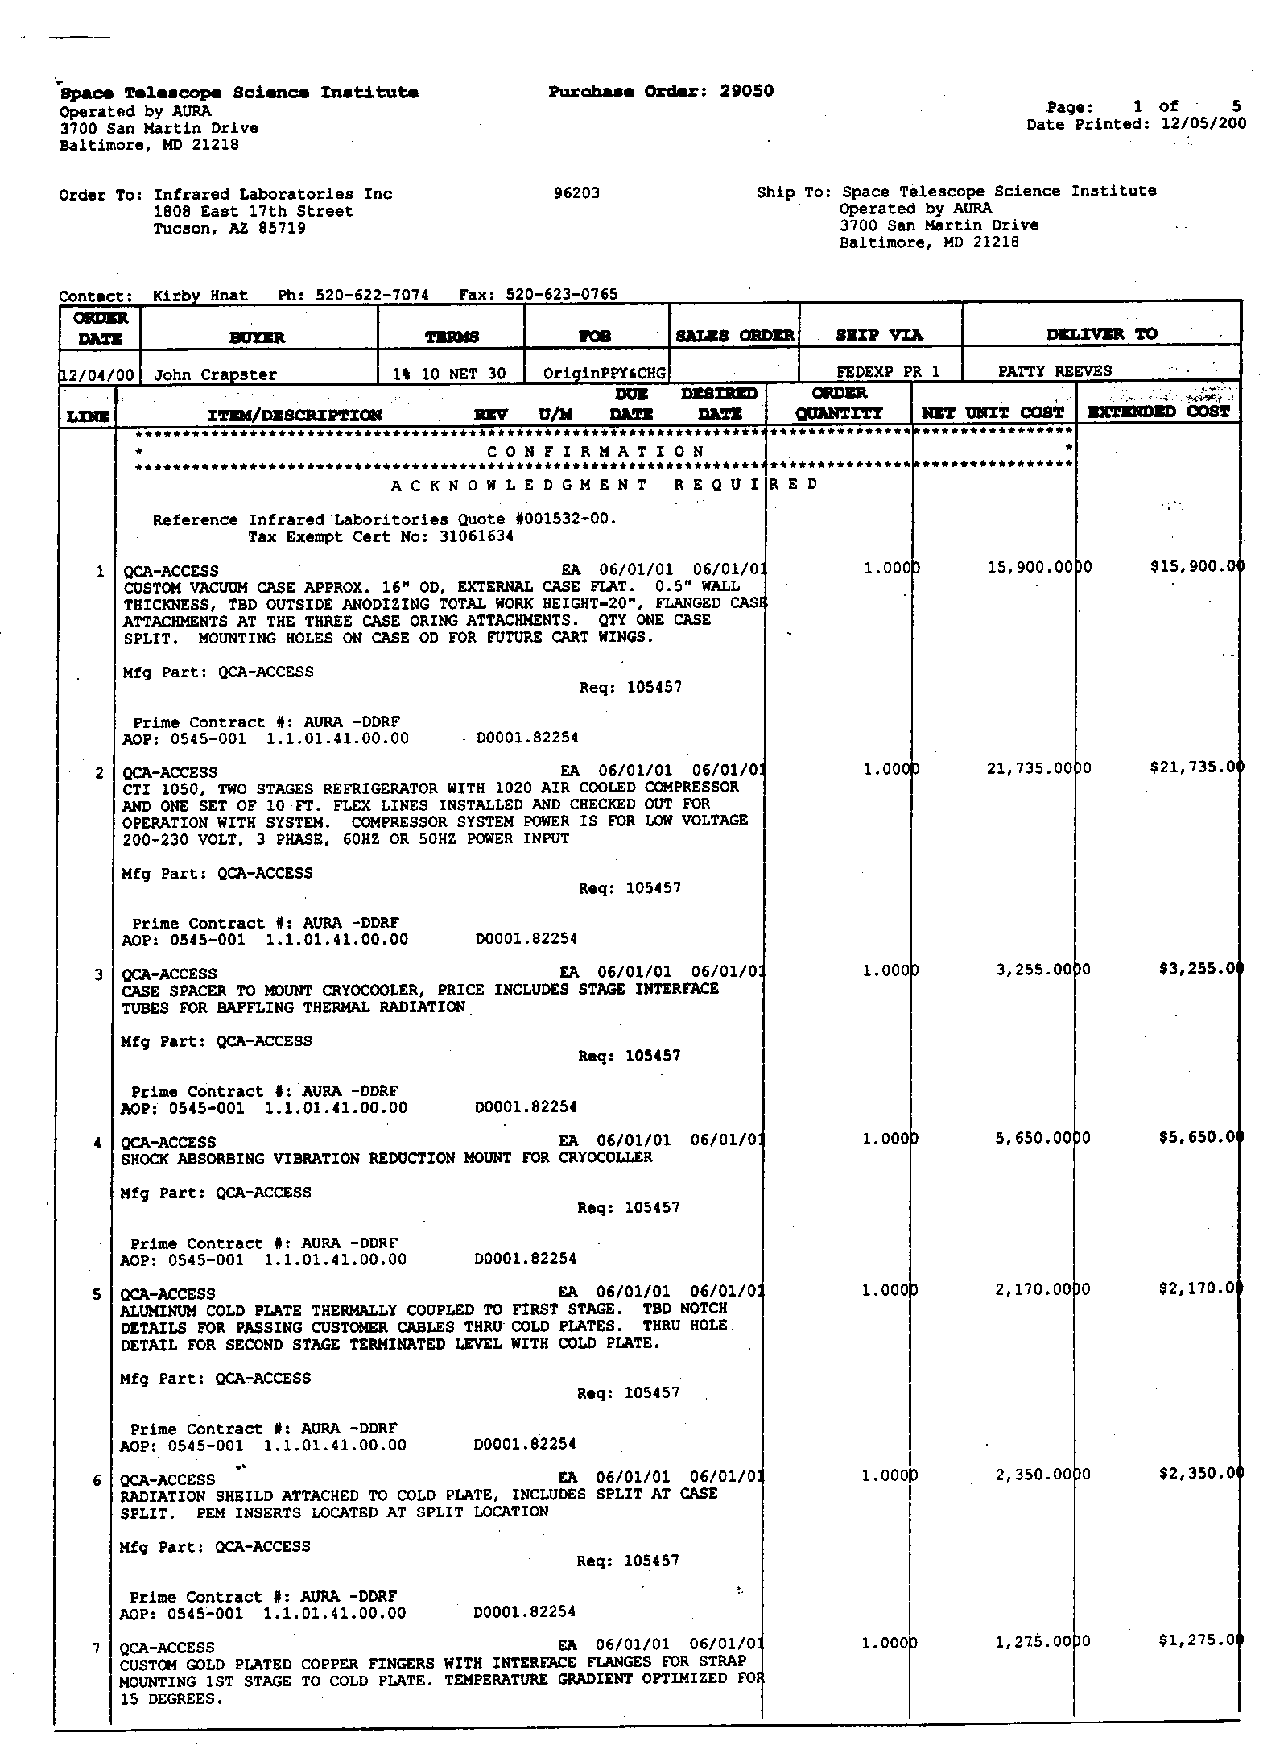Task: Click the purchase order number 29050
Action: [x=746, y=91]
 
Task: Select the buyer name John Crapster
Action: [x=215, y=374]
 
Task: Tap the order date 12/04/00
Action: [x=100, y=374]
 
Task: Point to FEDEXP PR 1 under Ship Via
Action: [x=888, y=372]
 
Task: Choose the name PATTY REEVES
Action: [x=1055, y=371]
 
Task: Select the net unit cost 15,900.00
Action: [x=1038, y=568]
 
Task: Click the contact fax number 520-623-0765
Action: [x=562, y=295]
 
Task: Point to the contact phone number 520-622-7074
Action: [x=373, y=296]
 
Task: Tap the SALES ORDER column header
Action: [x=735, y=336]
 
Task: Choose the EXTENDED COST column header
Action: [x=1158, y=412]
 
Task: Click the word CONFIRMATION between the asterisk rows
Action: [x=597, y=452]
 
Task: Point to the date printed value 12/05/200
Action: [x=1203, y=124]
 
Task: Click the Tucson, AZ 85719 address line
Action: [x=229, y=229]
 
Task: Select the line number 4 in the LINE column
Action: [x=97, y=1143]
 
